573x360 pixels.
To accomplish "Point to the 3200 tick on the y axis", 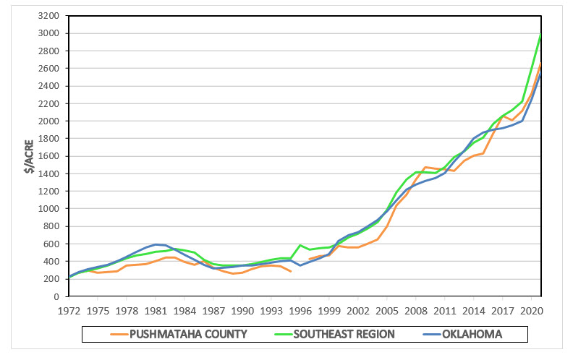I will point(49,16).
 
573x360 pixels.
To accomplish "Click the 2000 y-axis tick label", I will point(49,121).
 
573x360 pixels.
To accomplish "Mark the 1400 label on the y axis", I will point(49,173).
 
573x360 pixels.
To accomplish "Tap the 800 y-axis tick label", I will point(51,226).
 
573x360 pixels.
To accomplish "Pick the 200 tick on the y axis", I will point(51,279).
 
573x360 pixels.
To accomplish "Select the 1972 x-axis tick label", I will point(69,310).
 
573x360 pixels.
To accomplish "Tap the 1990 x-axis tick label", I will point(242,310).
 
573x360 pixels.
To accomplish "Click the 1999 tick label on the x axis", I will point(329,310).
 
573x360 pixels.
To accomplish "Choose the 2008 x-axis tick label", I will point(416,310).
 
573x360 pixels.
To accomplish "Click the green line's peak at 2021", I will point(541,35).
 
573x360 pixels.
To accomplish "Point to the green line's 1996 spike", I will point(300,245).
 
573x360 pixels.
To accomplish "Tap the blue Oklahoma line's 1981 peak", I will point(156,244).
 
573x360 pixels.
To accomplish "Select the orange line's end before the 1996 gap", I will point(290,272).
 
